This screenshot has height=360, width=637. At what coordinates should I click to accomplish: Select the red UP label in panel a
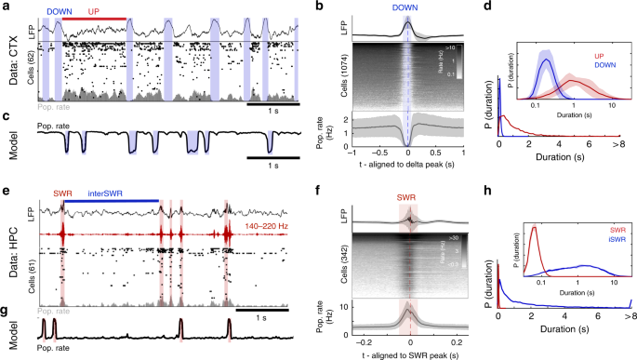point(94,8)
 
